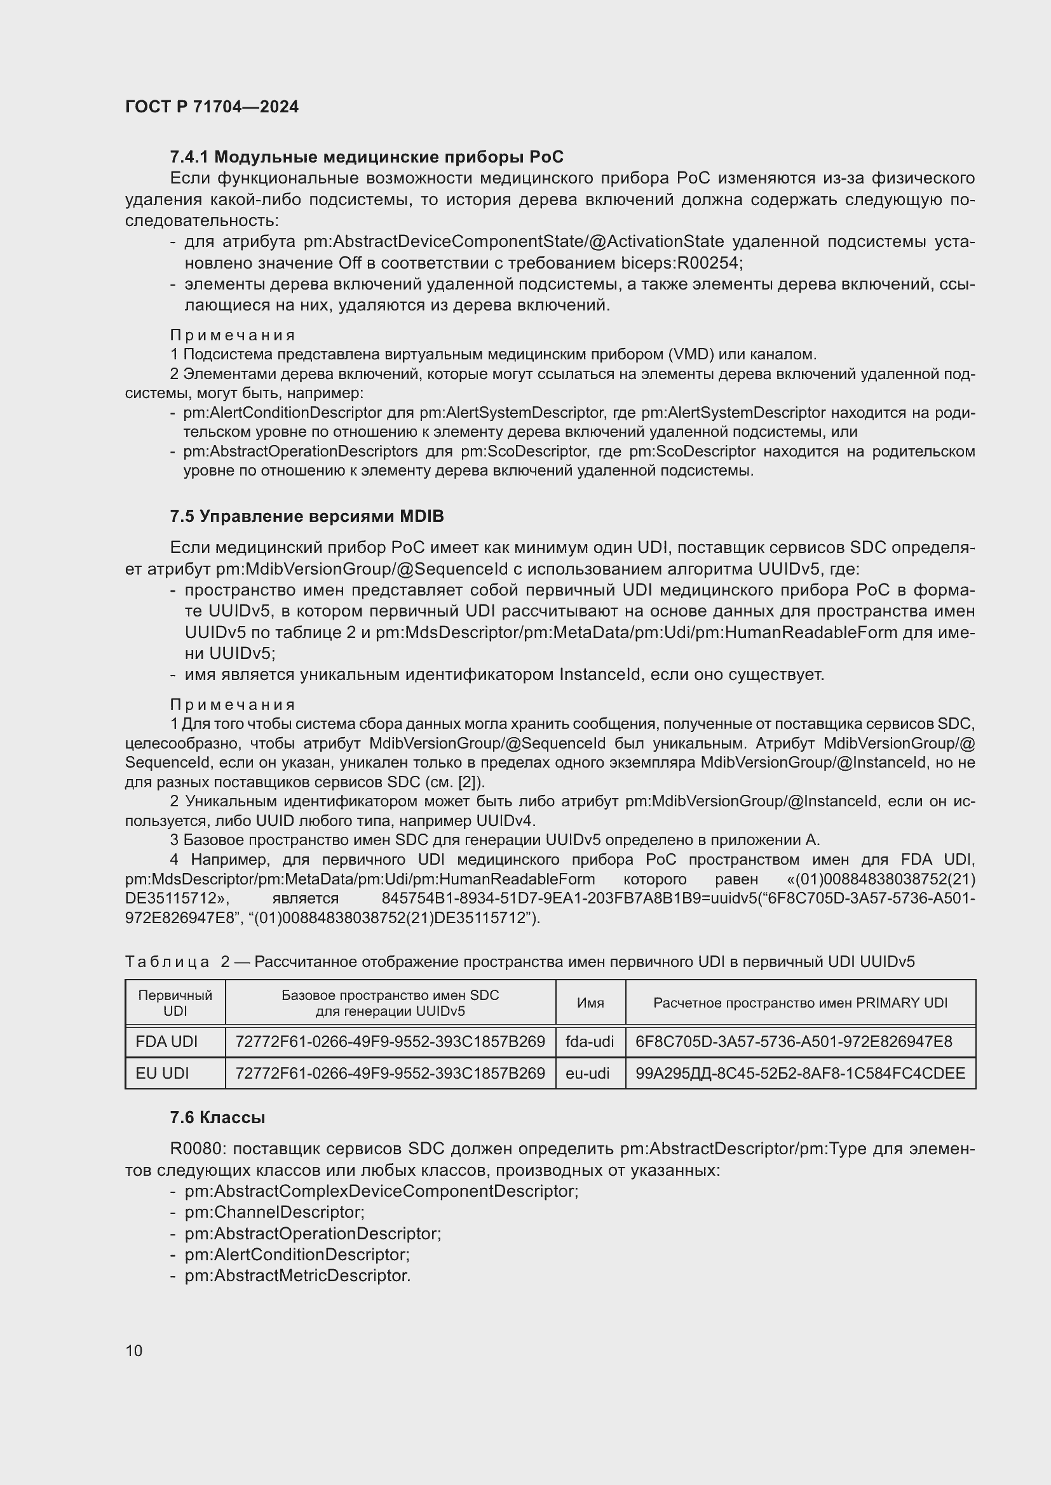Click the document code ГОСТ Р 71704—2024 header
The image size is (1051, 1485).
[x=212, y=107]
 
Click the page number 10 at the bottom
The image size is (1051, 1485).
[x=134, y=1350]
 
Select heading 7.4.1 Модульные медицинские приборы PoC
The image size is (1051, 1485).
[x=366, y=157]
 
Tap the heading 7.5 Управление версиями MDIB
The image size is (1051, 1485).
[x=307, y=516]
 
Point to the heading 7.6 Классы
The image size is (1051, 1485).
[x=217, y=1117]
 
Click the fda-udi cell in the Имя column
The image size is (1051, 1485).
[x=590, y=1042]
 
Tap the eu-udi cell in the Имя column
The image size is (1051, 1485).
[x=588, y=1074]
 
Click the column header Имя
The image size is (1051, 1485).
[x=590, y=1003]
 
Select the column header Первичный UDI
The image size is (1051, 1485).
[x=175, y=1003]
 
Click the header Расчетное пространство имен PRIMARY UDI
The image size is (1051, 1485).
[x=800, y=1003]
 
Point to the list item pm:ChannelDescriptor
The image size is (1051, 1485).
[x=275, y=1212]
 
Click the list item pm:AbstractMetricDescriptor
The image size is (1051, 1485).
[x=297, y=1276]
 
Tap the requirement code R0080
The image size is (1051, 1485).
[x=196, y=1149]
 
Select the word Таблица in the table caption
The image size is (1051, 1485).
[x=167, y=962]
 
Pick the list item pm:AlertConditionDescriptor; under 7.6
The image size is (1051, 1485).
[x=297, y=1255]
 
